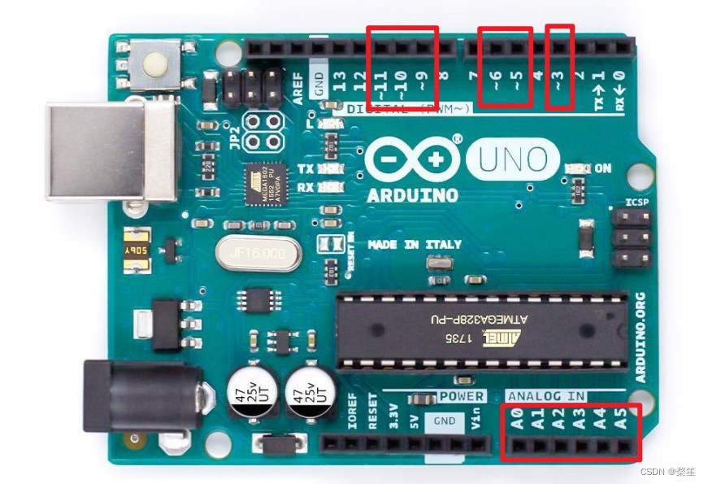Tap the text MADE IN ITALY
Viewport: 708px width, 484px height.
point(415,244)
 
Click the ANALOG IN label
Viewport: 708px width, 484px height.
point(546,396)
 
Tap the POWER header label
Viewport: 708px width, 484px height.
point(462,396)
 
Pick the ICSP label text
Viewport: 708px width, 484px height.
point(637,202)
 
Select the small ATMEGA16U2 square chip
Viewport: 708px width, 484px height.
point(264,183)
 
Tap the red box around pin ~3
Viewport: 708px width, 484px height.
point(559,67)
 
